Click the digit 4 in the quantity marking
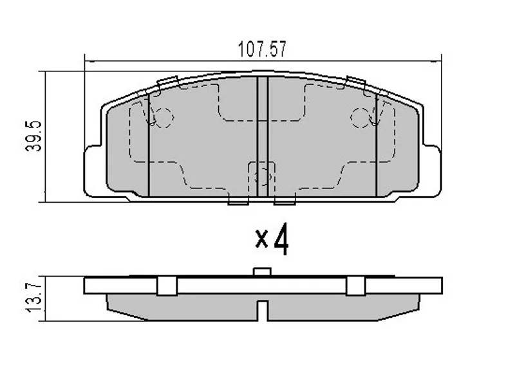[281, 239]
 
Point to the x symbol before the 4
[261, 239]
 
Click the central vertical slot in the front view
[262, 135]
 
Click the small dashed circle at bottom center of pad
[262, 176]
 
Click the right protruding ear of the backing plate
[433, 169]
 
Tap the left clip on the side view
[167, 286]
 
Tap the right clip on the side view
[355, 286]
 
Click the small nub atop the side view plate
[261, 273]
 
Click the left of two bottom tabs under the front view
[238, 201]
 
